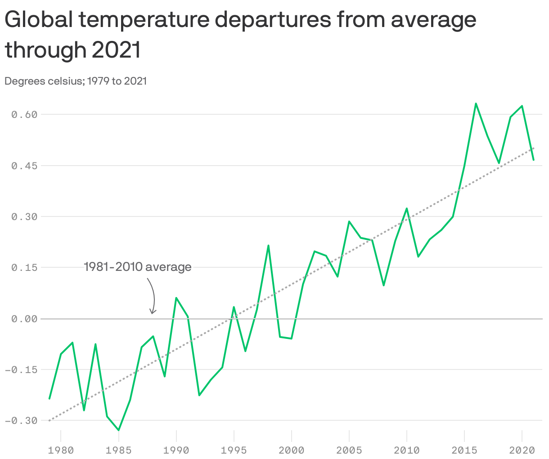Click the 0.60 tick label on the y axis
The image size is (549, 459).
click(x=24, y=115)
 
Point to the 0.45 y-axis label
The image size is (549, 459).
click(x=24, y=166)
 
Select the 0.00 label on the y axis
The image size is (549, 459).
click(x=24, y=319)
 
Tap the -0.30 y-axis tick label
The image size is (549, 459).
click(x=22, y=421)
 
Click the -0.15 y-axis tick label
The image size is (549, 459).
click(x=22, y=370)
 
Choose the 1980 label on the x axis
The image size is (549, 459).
click(x=61, y=450)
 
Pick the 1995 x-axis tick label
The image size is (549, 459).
click(x=234, y=450)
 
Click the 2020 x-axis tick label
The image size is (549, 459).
click(x=522, y=450)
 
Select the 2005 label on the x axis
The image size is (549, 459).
click(x=349, y=450)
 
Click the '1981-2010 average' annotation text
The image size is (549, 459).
click(x=138, y=267)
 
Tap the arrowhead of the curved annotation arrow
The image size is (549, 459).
click(x=153, y=312)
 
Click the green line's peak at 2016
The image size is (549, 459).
click(x=476, y=103)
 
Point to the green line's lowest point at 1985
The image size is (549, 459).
click(x=118, y=430)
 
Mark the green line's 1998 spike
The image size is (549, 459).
click(x=268, y=246)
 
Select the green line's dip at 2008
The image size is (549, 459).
click(x=383, y=285)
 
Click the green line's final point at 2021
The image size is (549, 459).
click(x=533, y=160)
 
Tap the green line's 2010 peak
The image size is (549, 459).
click(x=407, y=208)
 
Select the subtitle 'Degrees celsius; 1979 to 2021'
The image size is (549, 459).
click(x=76, y=81)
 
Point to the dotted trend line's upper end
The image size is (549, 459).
click(x=534, y=148)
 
